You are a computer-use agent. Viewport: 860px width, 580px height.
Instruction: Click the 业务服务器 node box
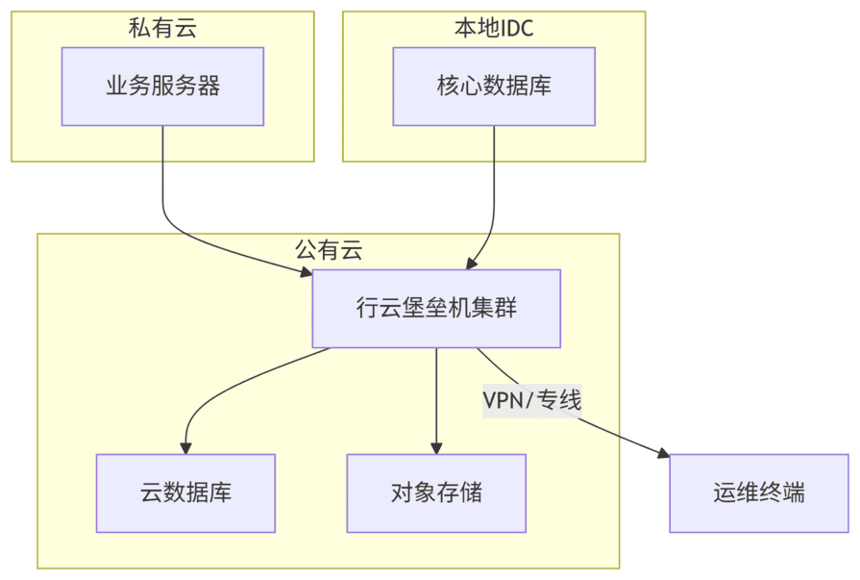point(162,87)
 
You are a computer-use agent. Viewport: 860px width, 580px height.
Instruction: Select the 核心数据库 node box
point(494,87)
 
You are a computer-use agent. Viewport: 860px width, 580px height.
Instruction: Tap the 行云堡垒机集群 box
point(436,309)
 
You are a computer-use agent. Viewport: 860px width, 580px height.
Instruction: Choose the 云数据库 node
point(185,493)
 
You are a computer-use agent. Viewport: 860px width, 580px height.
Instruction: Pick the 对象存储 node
point(436,493)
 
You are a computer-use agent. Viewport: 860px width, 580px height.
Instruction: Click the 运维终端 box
point(759,493)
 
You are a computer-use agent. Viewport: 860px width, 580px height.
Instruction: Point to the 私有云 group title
point(162,27)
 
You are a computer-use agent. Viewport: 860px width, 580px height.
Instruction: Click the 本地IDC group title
point(494,27)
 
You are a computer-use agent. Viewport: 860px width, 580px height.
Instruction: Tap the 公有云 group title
point(329,250)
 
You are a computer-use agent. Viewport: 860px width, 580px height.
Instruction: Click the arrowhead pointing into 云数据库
point(185,447)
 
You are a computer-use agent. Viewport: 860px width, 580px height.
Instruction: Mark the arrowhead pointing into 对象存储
point(436,447)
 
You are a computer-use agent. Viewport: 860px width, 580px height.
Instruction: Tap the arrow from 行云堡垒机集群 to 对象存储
point(436,394)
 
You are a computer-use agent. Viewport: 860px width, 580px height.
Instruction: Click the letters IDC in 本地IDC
point(517,27)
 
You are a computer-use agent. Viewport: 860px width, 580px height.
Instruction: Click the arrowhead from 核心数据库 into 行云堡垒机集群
point(470,263)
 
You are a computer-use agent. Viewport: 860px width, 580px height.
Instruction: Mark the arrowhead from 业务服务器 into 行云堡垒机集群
point(306,273)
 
